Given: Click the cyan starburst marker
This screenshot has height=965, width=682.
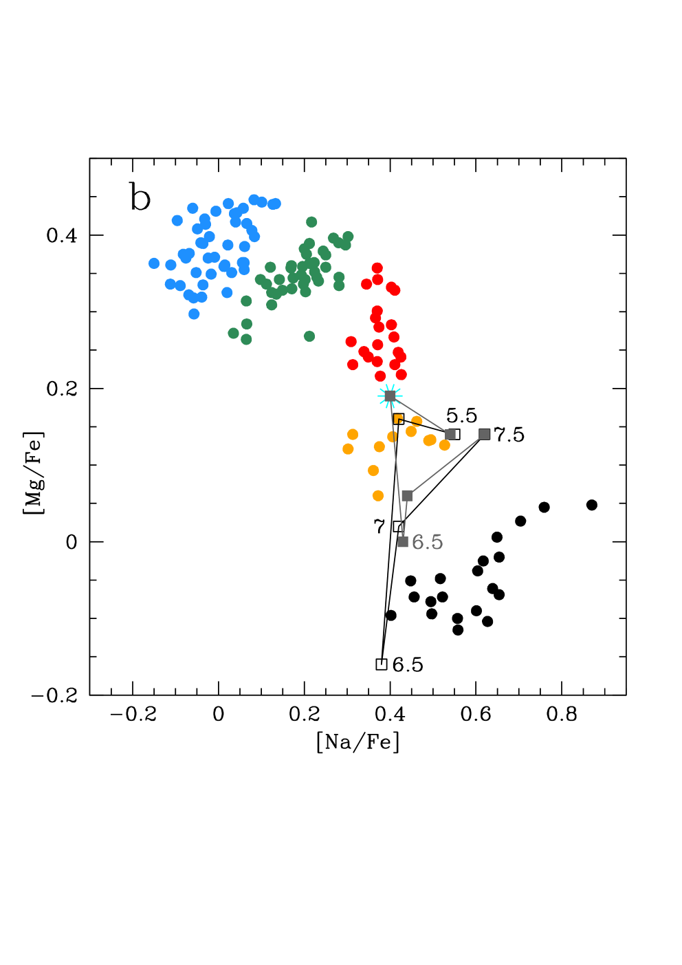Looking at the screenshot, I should click(390, 396).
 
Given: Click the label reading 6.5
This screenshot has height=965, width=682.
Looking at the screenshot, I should click(427, 543).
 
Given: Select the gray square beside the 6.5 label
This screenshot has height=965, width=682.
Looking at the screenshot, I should click(403, 542).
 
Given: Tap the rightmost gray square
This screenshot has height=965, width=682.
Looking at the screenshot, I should click(485, 434).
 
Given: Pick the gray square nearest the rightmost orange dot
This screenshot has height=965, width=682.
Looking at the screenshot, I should click(450, 434).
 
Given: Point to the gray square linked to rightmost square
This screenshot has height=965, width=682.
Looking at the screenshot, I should click(407, 496).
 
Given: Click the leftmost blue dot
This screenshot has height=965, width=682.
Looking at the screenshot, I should click(154, 263).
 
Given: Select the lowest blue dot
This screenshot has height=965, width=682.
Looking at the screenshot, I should click(194, 314).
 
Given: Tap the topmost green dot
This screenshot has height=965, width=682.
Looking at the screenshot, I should click(311, 222).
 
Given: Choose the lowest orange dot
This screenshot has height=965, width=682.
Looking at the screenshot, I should click(378, 496).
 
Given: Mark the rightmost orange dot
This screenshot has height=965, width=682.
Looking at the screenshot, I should click(445, 445).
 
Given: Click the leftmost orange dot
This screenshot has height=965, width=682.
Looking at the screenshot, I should click(348, 449).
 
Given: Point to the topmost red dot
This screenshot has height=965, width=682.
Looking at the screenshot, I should click(377, 268).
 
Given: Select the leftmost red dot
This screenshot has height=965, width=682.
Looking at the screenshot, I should click(351, 342).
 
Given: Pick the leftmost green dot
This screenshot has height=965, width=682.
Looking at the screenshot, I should click(234, 334).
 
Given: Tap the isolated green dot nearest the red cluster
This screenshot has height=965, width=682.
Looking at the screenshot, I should click(309, 336).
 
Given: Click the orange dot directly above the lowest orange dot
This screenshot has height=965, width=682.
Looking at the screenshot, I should click(373, 470).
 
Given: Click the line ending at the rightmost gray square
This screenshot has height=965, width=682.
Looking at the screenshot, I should click(445, 465).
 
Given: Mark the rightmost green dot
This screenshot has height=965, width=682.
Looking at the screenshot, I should click(348, 237).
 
